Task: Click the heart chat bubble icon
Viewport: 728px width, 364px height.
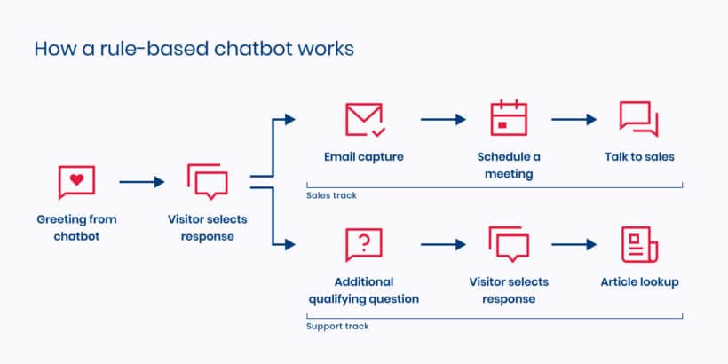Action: pyautogui.click(x=76, y=182)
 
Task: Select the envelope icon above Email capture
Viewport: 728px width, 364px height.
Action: pyautogui.click(x=364, y=119)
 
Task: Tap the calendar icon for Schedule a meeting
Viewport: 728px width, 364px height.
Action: pyautogui.click(x=509, y=119)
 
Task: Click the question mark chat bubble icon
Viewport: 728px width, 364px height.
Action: pyautogui.click(x=364, y=244)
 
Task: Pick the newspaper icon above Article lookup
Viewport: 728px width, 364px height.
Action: pyautogui.click(x=638, y=244)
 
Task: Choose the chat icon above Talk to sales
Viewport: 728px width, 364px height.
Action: pyautogui.click(x=638, y=119)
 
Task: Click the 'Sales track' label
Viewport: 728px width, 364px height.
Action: pyautogui.click(x=331, y=195)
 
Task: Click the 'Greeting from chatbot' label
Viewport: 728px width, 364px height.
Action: pyautogui.click(x=76, y=226)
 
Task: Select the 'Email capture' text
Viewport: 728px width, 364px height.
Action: pyautogui.click(x=364, y=157)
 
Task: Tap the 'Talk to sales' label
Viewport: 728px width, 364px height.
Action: pyautogui.click(x=638, y=157)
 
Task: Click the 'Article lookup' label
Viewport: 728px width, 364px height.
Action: pyautogui.click(x=638, y=282)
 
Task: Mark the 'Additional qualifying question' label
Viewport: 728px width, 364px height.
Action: pyautogui.click(x=364, y=290)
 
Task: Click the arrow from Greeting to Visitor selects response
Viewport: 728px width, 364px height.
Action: pyautogui.click(x=141, y=182)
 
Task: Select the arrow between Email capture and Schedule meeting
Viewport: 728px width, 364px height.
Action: pyautogui.click(x=443, y=119)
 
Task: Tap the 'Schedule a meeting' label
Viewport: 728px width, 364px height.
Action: pyautogui.click(x=509, y=165)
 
